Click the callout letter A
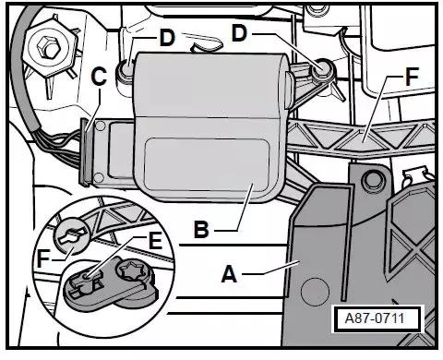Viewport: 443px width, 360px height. click(229, 274)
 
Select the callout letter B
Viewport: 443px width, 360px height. click(201, 230)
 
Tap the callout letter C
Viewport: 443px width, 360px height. click(99, 77)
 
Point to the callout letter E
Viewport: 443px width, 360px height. click(155, 241)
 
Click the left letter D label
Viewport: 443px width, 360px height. click(167, 39)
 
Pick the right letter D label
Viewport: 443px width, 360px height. click(239, 33)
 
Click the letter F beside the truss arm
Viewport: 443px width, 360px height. click(413, 76)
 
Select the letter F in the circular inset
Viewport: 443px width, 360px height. click(43, 259)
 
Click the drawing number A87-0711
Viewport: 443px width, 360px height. click(375, 318)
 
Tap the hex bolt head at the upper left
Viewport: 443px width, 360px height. click(46, 47)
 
